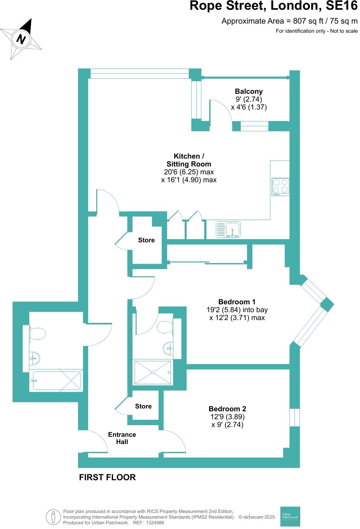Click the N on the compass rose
21,39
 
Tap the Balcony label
249,92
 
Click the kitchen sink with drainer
228,229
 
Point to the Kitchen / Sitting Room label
189,160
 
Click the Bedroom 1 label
237,302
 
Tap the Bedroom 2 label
227,409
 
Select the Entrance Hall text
122,438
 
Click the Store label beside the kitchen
146,240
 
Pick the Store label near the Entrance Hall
143,406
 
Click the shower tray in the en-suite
153,372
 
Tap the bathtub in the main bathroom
57,381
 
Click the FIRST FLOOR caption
107,477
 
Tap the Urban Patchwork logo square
290,516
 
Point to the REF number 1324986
153,523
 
